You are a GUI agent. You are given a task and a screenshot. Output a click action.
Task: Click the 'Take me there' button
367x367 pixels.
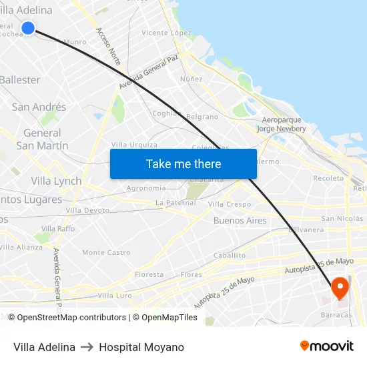click(183, 163)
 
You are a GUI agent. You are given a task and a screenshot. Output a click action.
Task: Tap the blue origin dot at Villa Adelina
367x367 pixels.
click(28, 27)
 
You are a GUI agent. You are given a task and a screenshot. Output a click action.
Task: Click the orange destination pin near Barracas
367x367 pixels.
click(340, 288)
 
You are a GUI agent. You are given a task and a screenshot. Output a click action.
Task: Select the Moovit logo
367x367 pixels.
click(326, 346)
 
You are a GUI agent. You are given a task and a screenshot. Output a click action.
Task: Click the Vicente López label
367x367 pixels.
click(166, 33)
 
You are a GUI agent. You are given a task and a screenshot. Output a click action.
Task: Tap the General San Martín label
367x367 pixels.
click(42, 139)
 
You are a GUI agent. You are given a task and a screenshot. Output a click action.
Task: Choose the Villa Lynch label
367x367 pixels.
click(56, 181)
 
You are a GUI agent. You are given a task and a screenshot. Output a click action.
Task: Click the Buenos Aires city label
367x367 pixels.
click(240, 220)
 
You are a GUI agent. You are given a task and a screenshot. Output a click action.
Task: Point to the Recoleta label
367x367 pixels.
click(328, 178)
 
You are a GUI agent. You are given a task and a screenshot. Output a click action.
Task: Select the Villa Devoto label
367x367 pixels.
click(87, 210)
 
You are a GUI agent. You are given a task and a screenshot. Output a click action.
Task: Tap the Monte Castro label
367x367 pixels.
click(106, 252)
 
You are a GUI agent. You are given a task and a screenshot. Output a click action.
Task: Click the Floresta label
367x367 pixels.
click(149, 274)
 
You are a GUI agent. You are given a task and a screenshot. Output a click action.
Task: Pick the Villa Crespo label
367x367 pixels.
click(230, 204)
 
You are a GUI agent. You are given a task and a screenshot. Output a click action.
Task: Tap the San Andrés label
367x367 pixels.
click(39, 107)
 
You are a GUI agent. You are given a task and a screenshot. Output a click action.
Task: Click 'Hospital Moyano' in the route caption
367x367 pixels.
click(141, 347)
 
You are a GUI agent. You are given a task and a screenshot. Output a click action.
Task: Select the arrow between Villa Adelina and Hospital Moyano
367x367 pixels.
click(87, 347)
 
